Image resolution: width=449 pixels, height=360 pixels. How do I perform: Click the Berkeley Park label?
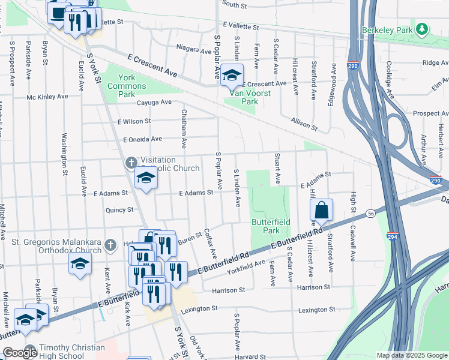pos(388,29)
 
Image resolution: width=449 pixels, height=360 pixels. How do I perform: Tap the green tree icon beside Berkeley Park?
pos(423,29)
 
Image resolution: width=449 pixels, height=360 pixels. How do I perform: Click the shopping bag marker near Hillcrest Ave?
pos(322,210)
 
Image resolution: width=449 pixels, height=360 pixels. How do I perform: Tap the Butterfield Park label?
pos(271,226)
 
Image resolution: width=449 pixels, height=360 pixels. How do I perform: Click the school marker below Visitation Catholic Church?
pos(145,178)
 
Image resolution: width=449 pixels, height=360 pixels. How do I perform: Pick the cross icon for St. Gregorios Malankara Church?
pos(109,244)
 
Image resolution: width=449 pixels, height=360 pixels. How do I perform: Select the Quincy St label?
pos(119,210)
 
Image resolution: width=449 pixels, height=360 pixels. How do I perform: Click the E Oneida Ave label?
pos(142,139)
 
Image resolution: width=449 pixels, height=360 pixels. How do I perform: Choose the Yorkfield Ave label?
pos(246,268)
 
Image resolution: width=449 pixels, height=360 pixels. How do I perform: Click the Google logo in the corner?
pos(20,353)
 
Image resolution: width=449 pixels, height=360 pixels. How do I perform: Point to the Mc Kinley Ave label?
pos(47,97)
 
